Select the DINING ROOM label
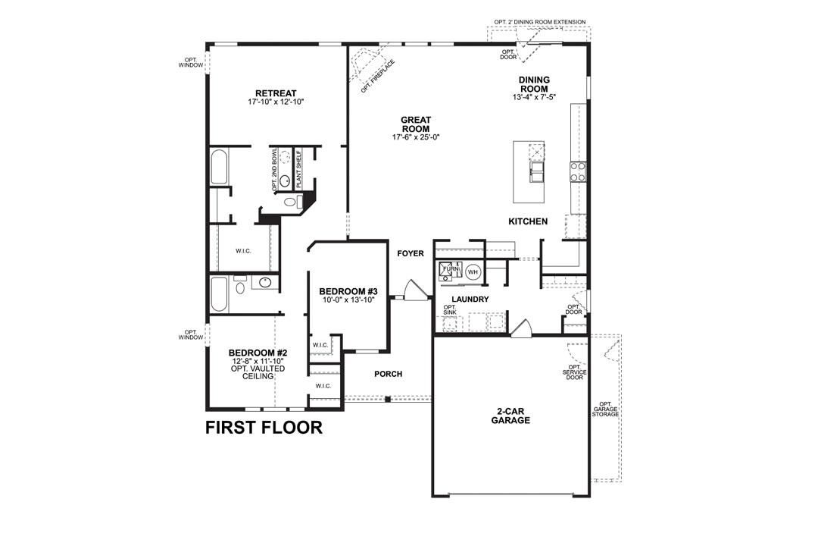click(534, 84)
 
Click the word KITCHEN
click(528, 221)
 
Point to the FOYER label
click(411, 253)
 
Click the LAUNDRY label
click(470, 300)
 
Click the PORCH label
click(389, 374)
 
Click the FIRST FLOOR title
click(264, 428)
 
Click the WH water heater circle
click(473, 271)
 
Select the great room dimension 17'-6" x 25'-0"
click(416, 137)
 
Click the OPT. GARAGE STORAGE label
click(608, 409)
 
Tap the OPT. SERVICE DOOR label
click(573, 372)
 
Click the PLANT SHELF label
click(298, 168)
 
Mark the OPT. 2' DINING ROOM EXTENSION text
click(538, 22)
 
